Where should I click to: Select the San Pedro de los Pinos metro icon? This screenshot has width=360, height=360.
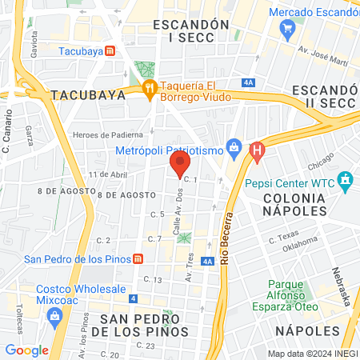point(138,258)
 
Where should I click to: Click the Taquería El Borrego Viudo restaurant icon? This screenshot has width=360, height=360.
point(148,90)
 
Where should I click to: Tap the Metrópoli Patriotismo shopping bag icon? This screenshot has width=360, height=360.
point(234,146)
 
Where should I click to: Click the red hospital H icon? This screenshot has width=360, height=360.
point(257,150)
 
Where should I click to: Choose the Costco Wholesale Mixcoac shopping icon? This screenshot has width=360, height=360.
point(54,316)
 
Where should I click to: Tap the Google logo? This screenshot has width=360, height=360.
point(26,350)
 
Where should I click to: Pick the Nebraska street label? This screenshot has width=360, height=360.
point(341,285)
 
